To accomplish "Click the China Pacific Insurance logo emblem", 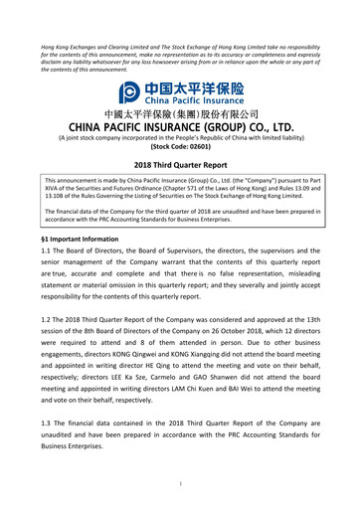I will (x=129, y=92).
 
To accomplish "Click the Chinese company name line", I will (x=180, y=114).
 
